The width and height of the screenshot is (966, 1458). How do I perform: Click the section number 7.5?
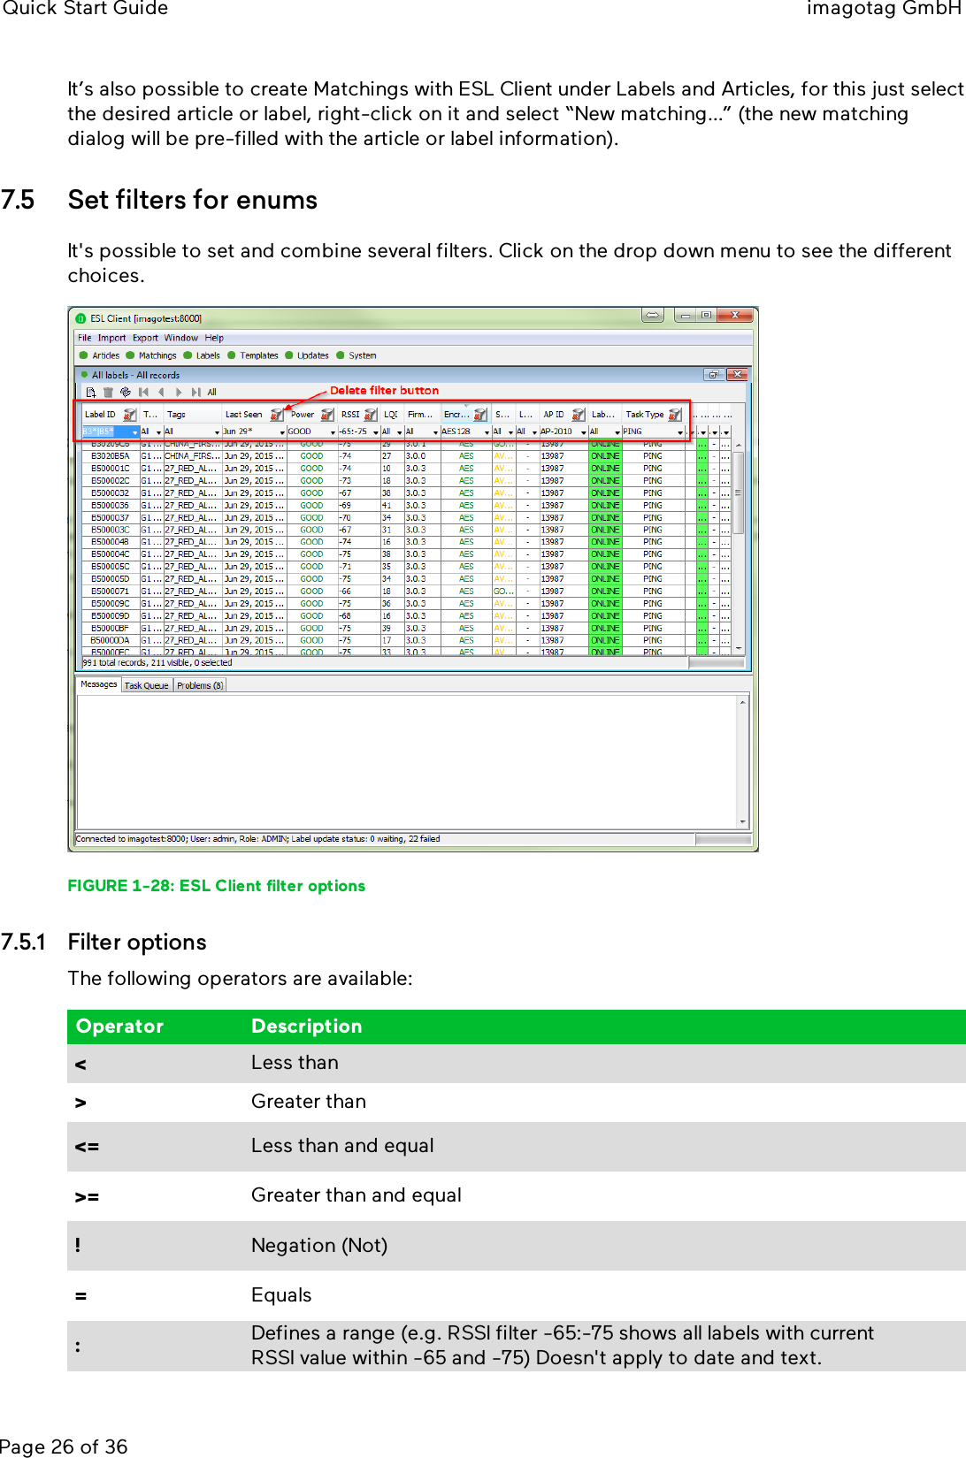point(18,201)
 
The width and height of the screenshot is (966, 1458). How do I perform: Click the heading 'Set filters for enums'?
point(192,201)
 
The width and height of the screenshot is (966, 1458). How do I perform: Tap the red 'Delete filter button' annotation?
point(384,391)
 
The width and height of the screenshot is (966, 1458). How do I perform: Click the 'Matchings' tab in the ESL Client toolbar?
point(157,355)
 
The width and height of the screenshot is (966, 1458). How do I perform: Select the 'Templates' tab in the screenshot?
point(258,355)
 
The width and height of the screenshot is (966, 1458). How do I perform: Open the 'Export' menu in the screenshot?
point(145,338)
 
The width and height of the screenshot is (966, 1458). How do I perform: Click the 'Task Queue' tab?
point(146,685)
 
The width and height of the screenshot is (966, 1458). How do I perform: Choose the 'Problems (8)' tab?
point(200,685)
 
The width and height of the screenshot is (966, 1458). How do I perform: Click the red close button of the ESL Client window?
point(734,315)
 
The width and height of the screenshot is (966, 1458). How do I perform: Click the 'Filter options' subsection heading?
point(137,943)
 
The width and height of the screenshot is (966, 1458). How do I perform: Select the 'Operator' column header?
point(119,1027)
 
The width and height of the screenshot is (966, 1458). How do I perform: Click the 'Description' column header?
point(306,1027)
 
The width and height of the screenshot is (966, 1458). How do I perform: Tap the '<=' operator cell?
point(87,1147)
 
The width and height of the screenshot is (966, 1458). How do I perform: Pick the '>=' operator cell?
point(87,1197)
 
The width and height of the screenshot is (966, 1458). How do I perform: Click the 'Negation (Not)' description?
point(319,1246)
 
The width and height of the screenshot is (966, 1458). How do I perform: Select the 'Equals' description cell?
point(281,1295)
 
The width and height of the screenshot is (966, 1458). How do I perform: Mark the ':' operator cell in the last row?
point(78,1347)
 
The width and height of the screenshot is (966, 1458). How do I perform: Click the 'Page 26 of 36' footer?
point(64,1447)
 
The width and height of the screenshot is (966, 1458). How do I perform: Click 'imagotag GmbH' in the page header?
point(883,9)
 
